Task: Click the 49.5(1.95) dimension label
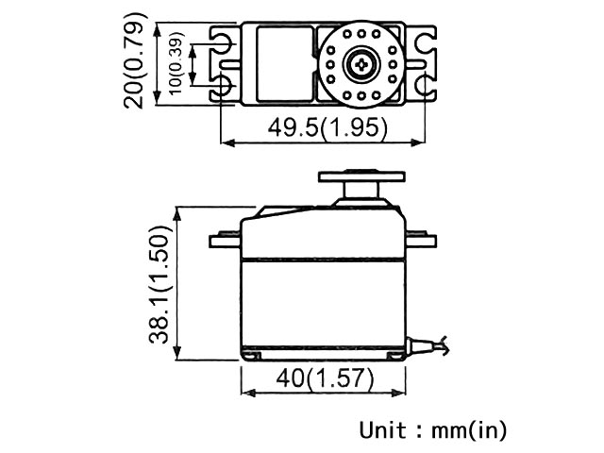click(327, 127)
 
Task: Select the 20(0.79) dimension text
click(134, 60)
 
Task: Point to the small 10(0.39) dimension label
click(176, 63)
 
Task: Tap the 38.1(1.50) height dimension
click(159, 284)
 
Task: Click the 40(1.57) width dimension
click(325, 378)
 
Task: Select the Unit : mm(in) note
click(433, 430)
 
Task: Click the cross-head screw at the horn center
click(361, 65)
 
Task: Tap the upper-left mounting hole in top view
click(223, 42)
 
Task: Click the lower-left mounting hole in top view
click(223, 85)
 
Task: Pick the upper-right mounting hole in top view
click(426, 42)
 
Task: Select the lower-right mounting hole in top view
click(426, 85)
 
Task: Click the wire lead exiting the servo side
click(428, 344)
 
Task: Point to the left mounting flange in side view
click(225, 240)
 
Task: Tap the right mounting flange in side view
click(421, 240)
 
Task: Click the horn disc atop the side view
click(361, 176)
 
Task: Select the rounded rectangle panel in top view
click(285, 64)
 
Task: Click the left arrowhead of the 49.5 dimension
click(228, 143)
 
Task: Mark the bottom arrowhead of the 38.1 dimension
click(176, 352)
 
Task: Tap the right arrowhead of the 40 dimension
click(398, 393)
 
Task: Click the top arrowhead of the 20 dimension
click(157, 29)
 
